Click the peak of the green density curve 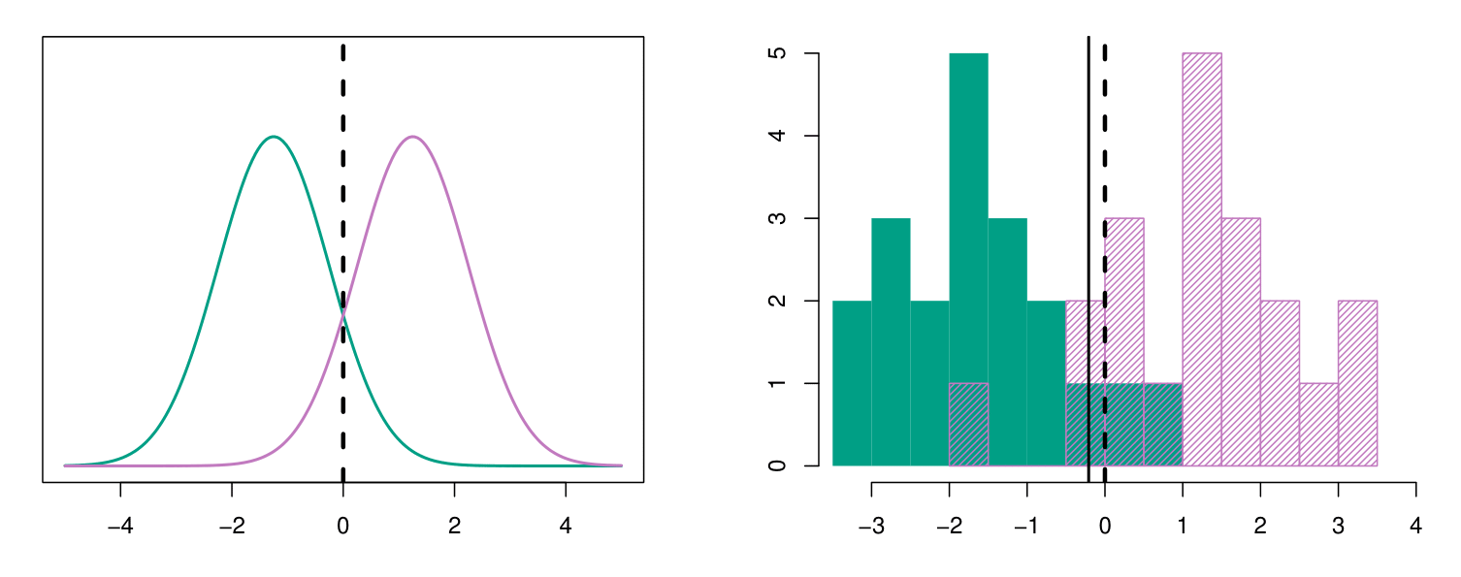coord(275,137)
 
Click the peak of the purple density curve coord(413,137)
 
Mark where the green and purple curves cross coord(343,312)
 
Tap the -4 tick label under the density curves coord(120,505)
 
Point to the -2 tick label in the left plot coord(232,505)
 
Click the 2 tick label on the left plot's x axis coord(455,505)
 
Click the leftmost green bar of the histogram coord(852,383)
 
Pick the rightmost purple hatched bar coord(1357,383)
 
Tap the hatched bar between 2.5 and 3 coord(1318,425)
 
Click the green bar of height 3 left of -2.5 coord(891,341)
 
